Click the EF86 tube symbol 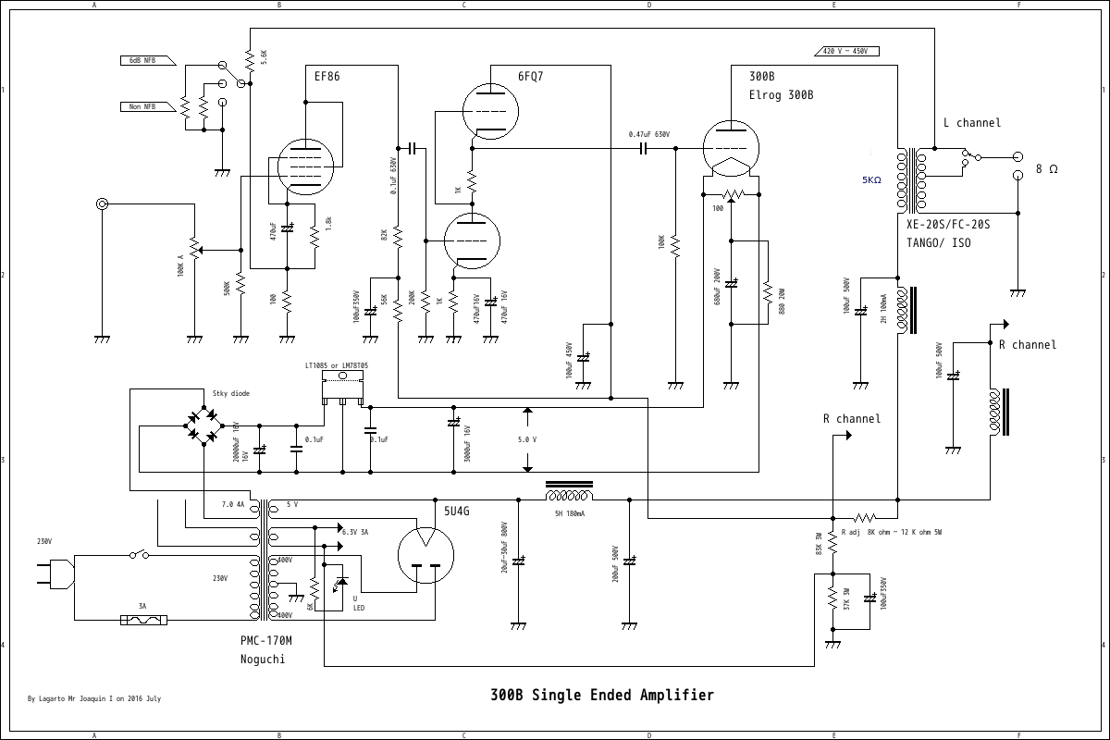pyautogui.click(x=306, y=166)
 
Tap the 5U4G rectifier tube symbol pyautogui.click(x=425, y=555)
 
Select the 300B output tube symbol pyautogui.click(x=731, y=148)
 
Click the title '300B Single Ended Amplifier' pyautogui.click(x=602, y=695)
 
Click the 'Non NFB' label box pyautogui.click(x=142, y=107)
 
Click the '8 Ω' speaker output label pyautogui.click(x=1046, y=169)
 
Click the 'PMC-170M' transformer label pyautogui.click(x=265, y=640)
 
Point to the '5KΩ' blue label pyautogui.click(x=871, y=180)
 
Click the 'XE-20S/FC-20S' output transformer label pyautogui.click(x=948, y=225)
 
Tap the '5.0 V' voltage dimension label pyautogui.click(x=527, y=440)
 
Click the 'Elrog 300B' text pyautogui.click(x=781, y=95)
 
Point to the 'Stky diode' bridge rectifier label pyautogui.click(x=230, y=393)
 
